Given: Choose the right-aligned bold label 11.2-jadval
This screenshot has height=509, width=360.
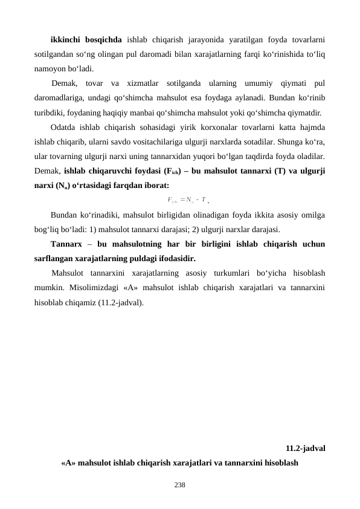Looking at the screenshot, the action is point(306,449).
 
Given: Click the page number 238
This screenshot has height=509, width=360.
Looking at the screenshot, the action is point(180,485).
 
